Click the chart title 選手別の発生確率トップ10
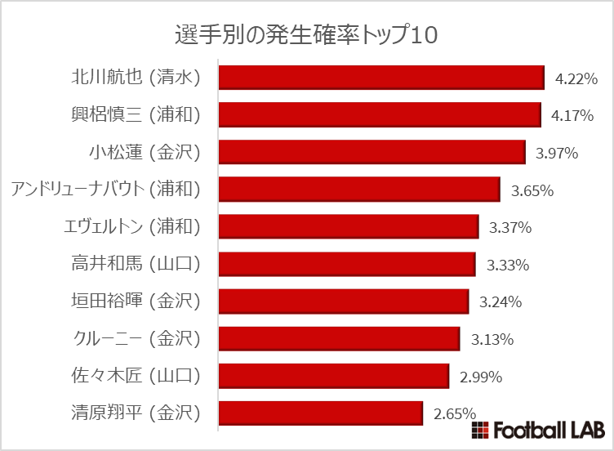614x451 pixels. tap(306, 33)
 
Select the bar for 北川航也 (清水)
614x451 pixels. tap(381, 78)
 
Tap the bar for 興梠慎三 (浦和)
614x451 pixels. tap(380, 114)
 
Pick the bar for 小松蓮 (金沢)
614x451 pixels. tap(372, 152)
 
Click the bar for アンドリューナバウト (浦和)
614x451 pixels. tap(359, 190)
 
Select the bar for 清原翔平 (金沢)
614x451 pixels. tap(321, 413)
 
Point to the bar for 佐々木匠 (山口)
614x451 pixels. tap(334, 376)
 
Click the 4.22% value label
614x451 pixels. tap(576, 79)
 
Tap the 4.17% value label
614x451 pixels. tap(572, 116)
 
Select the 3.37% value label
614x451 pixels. tap(510, 228)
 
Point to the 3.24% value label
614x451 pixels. tap(501, 302)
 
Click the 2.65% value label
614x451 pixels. tap(455, 414)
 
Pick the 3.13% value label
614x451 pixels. tap(492, 340)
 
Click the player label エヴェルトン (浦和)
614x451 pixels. tap(131, 226)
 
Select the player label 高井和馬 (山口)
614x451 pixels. tap(136, 264)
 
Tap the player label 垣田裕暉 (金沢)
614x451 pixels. tap(136, 301)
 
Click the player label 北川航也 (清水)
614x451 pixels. tap(136, 78)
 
